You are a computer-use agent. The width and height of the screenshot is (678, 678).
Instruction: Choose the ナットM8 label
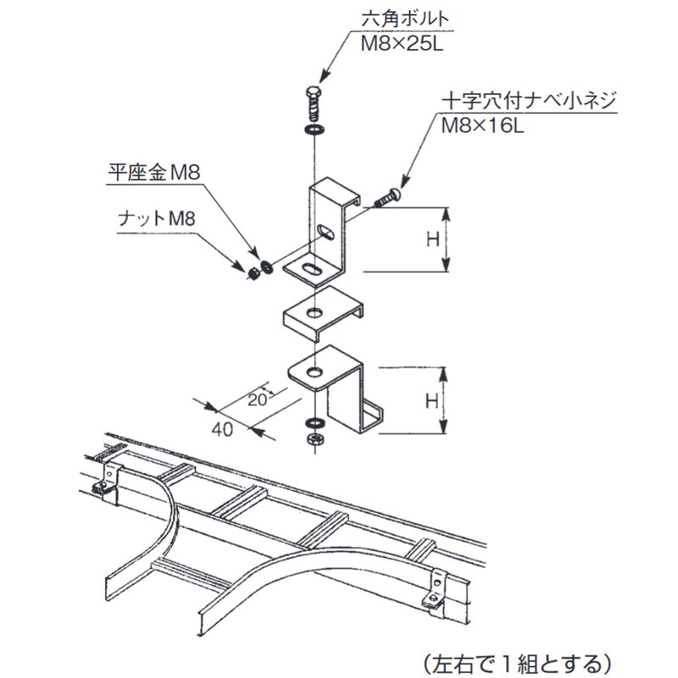[157, 219]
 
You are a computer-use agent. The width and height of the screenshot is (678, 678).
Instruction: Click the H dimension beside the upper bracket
[431, 239]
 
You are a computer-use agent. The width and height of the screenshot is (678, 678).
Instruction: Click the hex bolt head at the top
[312, 95]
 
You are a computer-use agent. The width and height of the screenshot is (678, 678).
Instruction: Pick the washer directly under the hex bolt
[314, 130]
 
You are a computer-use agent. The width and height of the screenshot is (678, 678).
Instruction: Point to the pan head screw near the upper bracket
[386, 197]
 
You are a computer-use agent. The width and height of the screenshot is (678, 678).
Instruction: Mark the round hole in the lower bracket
[314, 370]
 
